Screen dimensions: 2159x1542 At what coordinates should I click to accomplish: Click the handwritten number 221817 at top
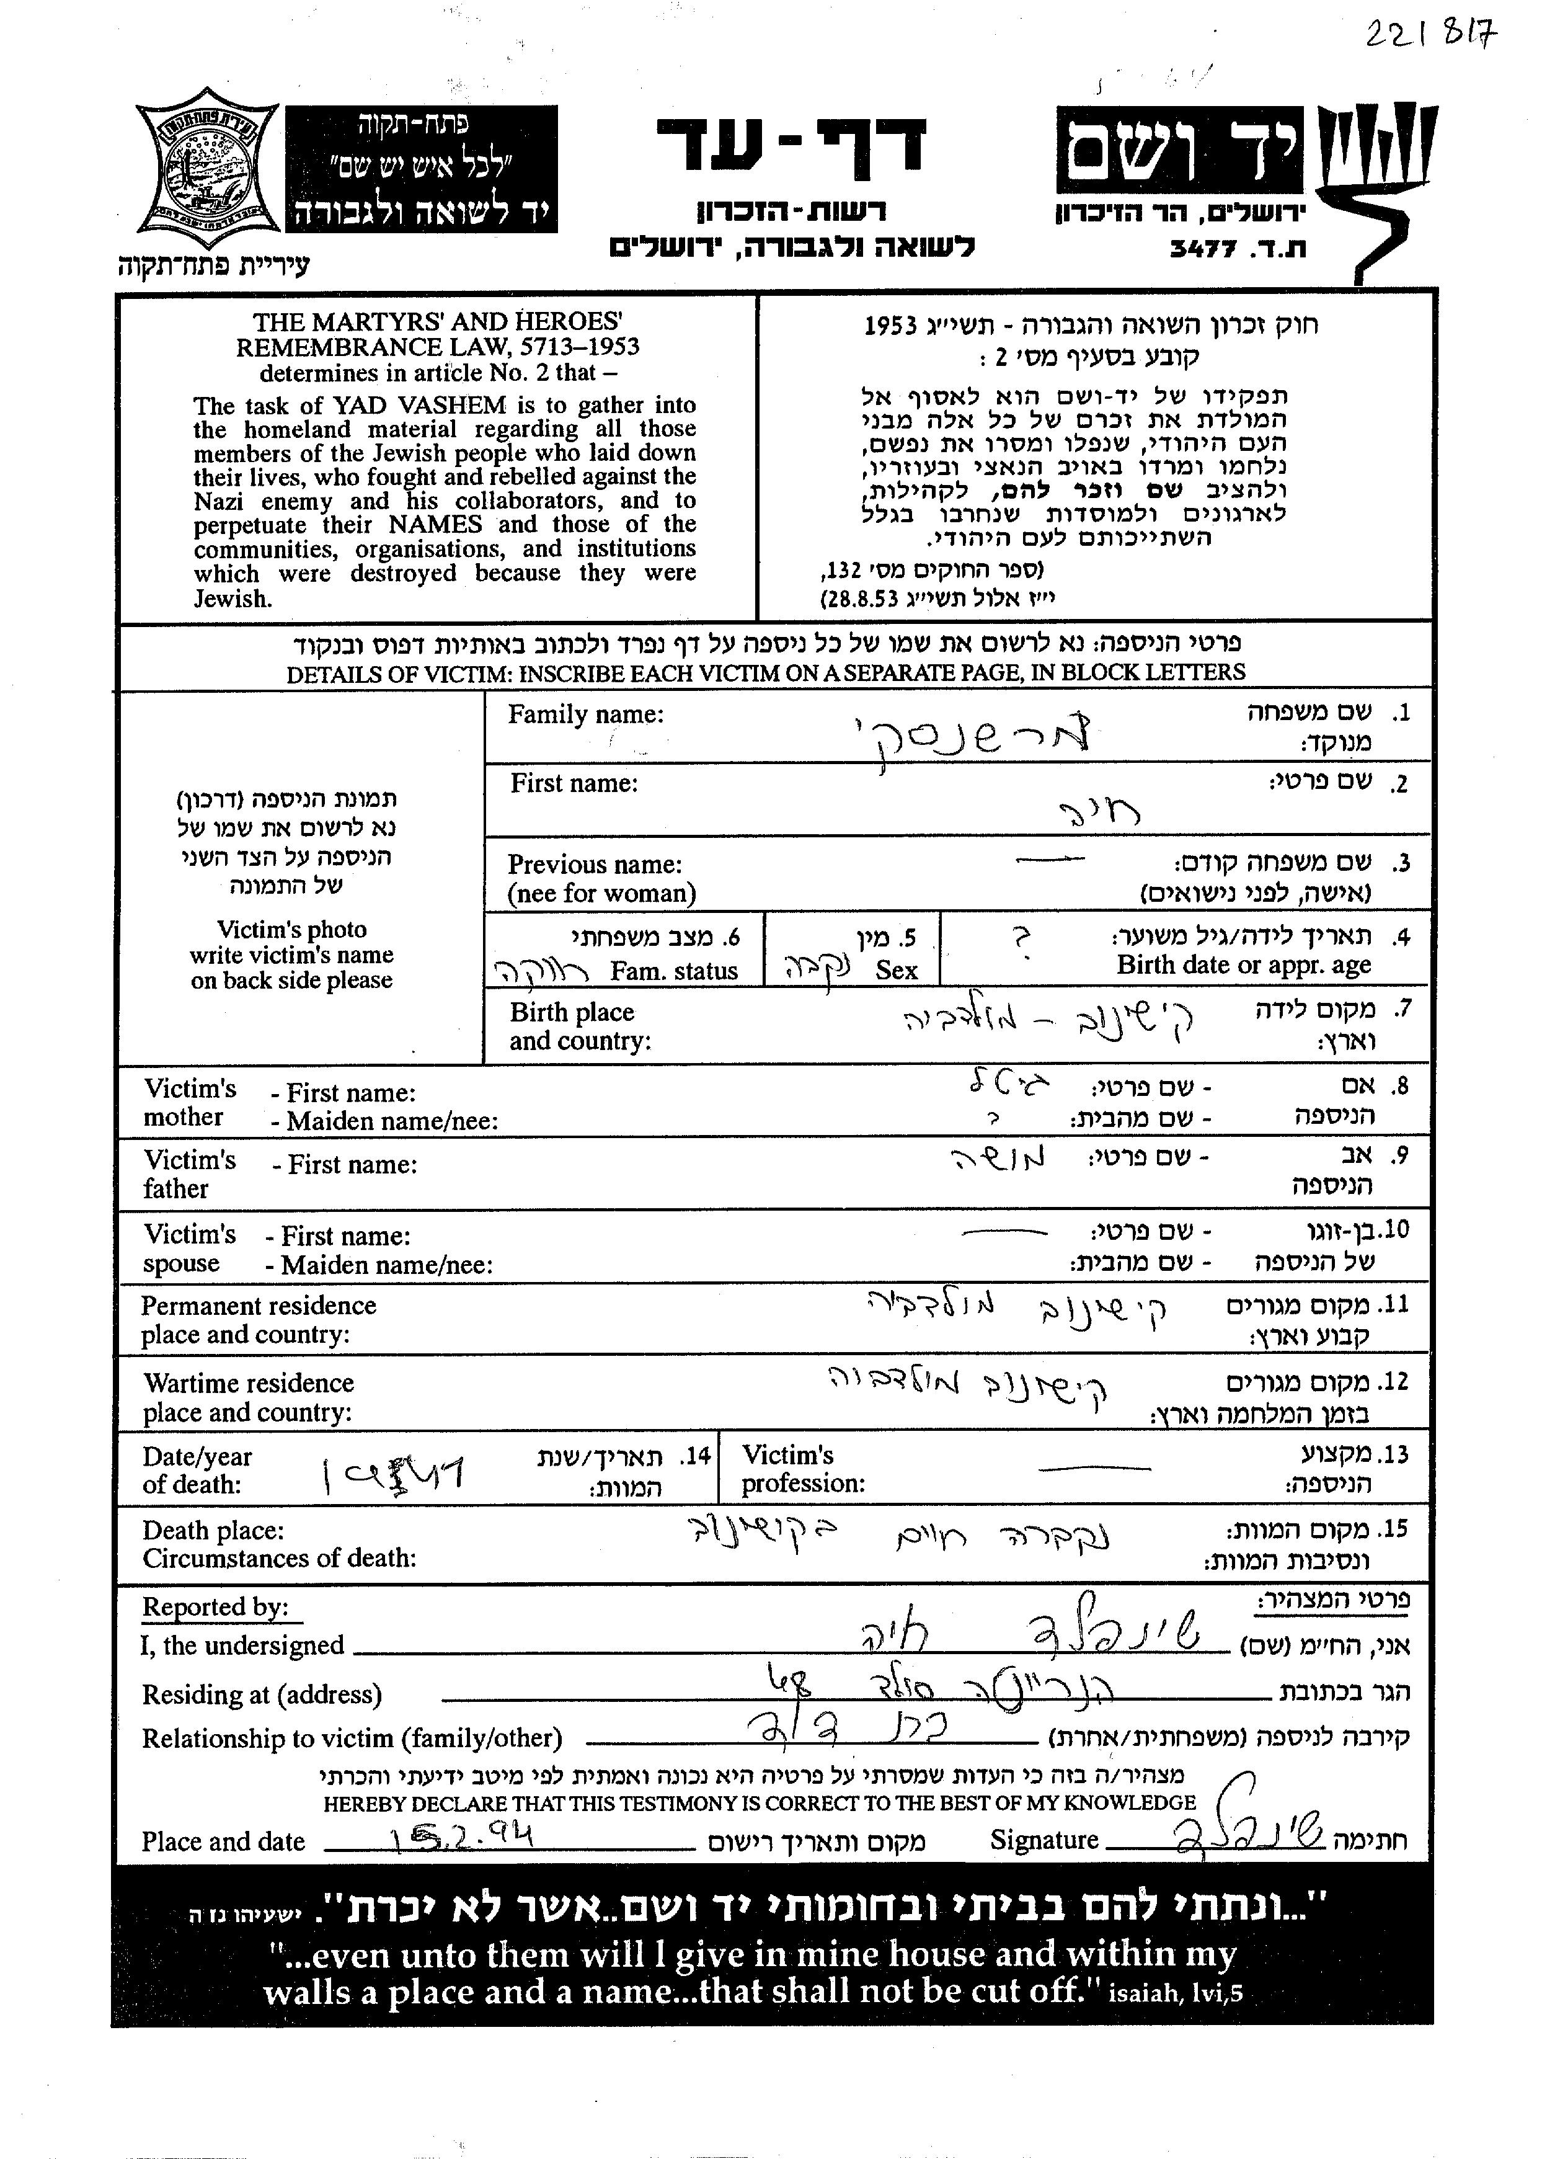click(x=1430, y=35)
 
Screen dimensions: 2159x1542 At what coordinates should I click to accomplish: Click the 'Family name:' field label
click(x=586, y=714)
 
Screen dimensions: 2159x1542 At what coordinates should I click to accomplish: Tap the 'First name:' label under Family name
click(x=574, y=783)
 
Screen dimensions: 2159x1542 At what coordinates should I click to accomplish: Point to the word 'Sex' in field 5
click(x=897, y=970)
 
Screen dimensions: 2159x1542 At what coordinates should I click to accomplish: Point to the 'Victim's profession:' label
click(x=802, y=1469)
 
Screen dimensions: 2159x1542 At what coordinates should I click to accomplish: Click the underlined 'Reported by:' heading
click(x=216, y=1607)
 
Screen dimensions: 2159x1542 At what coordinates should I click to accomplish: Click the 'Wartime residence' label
click(x=249, y=1383)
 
